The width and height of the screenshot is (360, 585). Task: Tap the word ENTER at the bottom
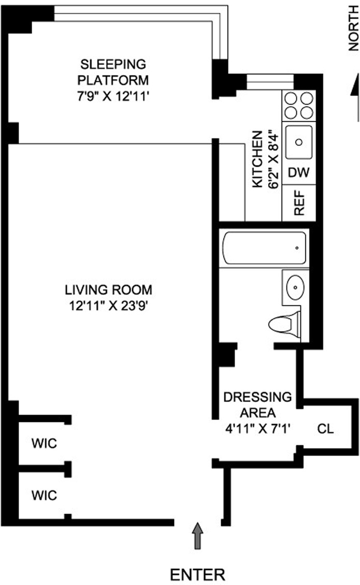[197, 574]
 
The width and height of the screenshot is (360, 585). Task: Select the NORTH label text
[353, 28]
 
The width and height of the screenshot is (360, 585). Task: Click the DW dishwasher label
[299, 172]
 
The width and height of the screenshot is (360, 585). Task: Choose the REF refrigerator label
[299, 203]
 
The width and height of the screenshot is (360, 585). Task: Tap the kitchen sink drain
[299, 142]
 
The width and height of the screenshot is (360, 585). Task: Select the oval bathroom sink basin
[295, 287]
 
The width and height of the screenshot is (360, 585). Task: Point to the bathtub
[264, 248]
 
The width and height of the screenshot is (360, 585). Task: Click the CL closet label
[325, 428]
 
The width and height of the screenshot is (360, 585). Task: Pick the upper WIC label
[44, 443]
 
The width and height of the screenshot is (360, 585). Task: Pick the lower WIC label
[44, 495]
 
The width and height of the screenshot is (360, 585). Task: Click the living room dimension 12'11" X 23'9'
[108, 306]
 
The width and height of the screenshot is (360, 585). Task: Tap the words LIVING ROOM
[108, 289]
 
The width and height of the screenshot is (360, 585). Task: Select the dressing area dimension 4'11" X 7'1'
[257, 429]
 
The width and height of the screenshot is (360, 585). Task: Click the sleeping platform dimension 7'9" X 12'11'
[113, 97]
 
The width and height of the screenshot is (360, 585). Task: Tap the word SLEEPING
[113, 64]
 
